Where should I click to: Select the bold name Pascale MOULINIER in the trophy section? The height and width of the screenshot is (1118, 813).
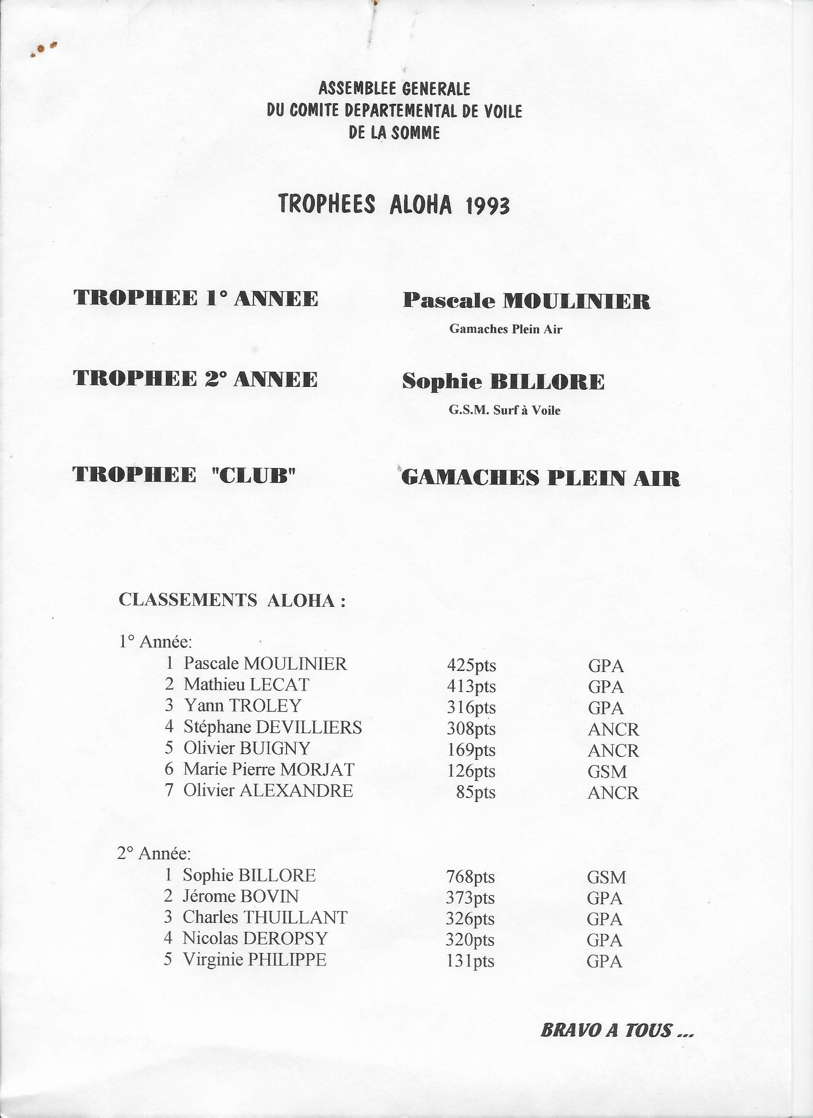(527, 301)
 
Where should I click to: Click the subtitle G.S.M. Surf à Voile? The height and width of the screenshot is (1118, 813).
(505, 410)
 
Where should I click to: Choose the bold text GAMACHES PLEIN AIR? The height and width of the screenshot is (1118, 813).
(541, 478)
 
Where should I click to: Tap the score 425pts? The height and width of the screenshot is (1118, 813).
(472, 666)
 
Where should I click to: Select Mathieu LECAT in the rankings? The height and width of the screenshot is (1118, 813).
(246, 685)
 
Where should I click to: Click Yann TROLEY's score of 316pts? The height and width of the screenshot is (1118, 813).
(472, 708)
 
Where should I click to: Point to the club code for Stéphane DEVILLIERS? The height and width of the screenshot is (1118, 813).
(613, 729)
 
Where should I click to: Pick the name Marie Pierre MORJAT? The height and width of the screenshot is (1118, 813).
(269, 769)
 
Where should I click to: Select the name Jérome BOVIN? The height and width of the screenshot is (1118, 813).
(241, 896)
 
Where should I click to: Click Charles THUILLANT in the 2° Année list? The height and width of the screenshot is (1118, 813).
(265, 917)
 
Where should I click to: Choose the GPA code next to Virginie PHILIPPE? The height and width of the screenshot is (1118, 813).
(604, 961)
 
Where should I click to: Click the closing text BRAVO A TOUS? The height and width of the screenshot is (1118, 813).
(617, 1026)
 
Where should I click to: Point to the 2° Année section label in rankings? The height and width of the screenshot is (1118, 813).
(154, 853)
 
